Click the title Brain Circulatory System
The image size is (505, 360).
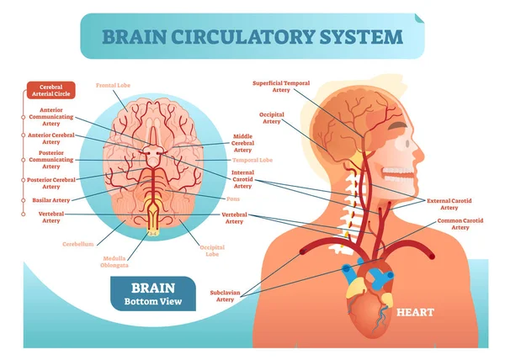(252, 37)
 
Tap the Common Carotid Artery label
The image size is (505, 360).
(460, 225)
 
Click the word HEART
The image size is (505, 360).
(416, 313)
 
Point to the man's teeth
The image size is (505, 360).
(396, 174)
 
